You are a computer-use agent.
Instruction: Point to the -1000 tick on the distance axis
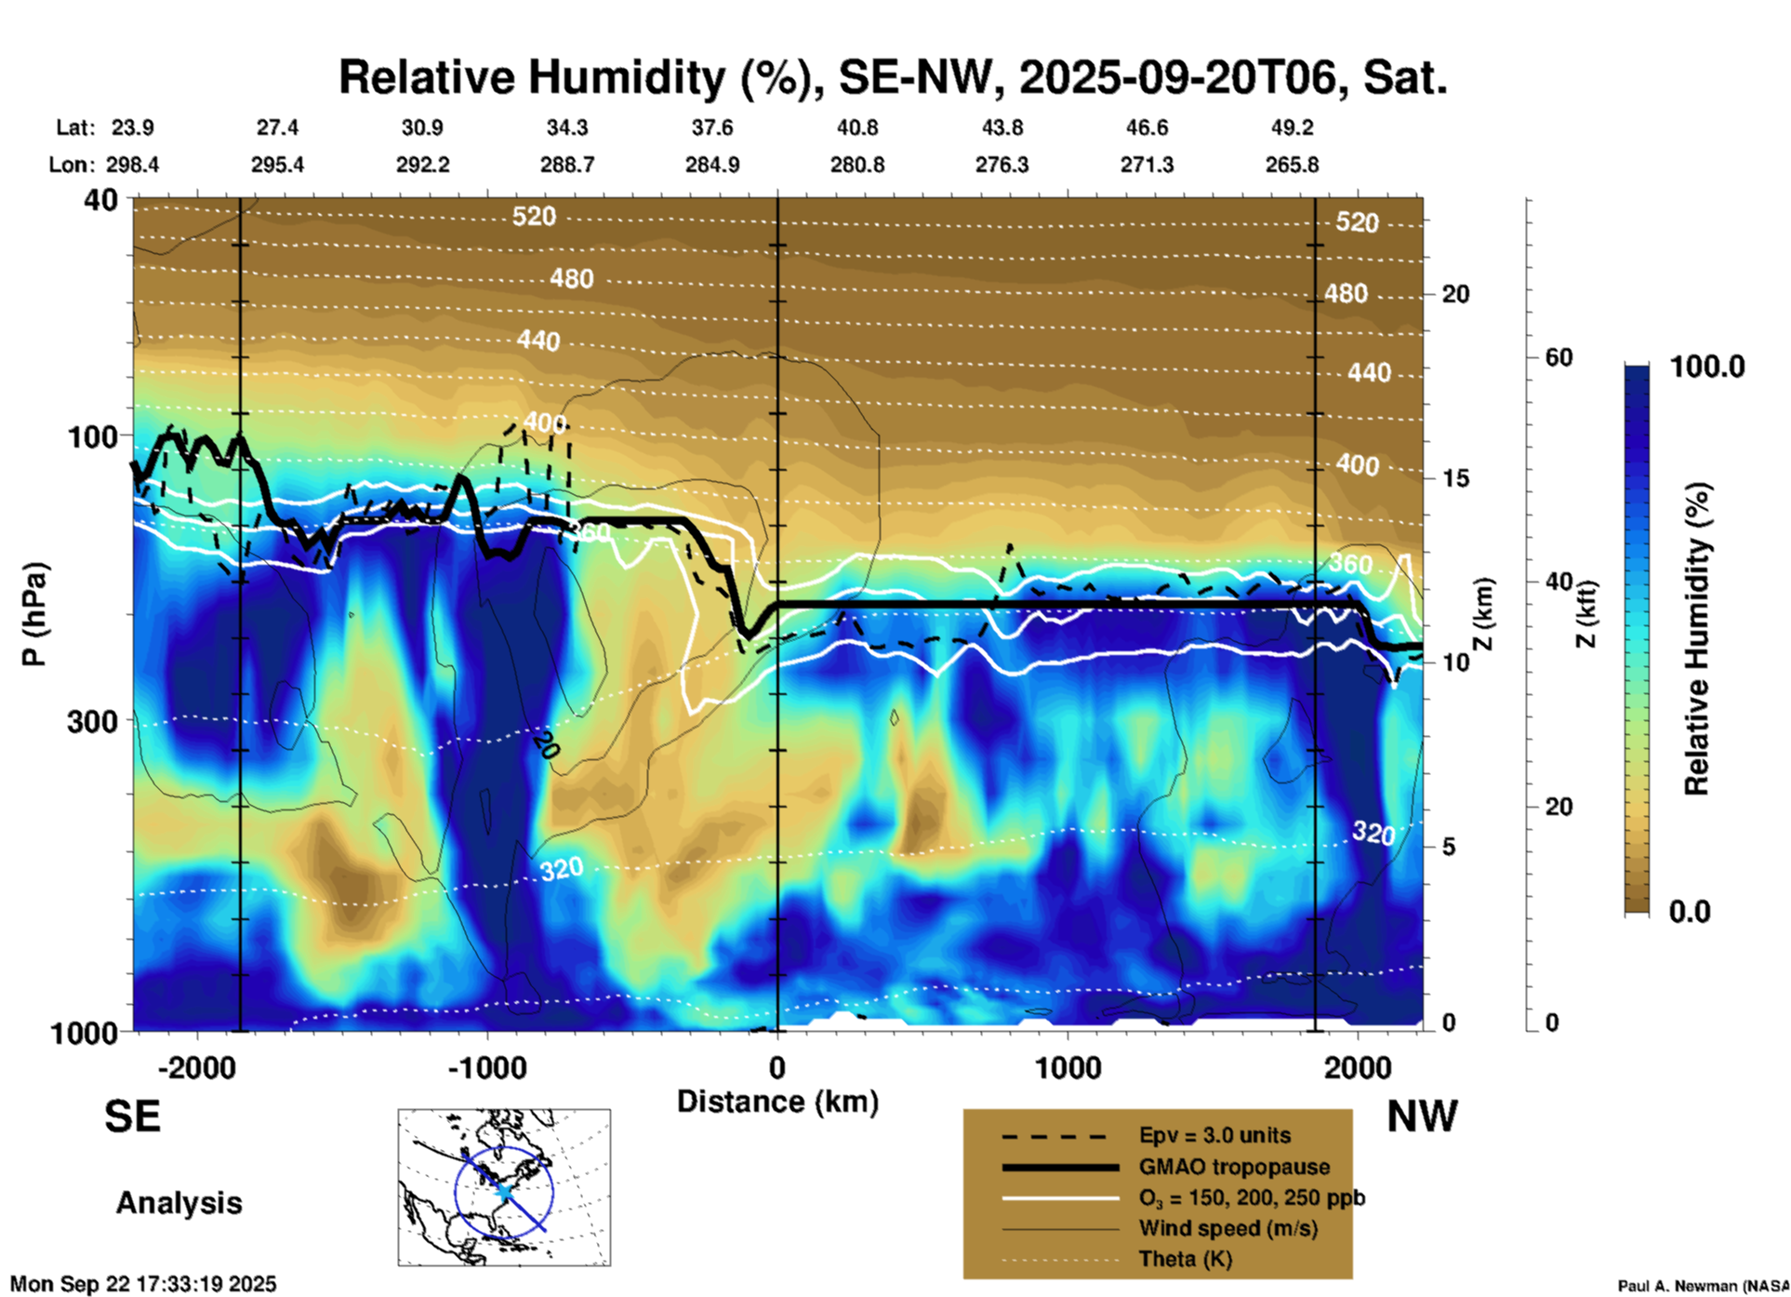(487, 1067)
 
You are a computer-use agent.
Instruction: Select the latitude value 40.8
(856, 127)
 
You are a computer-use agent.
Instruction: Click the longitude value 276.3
(1002, 165)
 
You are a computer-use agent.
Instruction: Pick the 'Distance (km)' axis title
(777, 1102)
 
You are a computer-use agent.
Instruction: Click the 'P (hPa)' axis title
(33, 614)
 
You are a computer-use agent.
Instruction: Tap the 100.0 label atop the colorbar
(1707, 367)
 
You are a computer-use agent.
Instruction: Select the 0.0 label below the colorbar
(1690, 911)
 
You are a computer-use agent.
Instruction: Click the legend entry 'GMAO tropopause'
(1234, 1167)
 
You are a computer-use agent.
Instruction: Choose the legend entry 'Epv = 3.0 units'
(1214, 1135)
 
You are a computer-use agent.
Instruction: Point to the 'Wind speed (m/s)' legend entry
(1227, 1228)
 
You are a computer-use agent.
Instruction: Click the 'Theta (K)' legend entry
(1185, 1259)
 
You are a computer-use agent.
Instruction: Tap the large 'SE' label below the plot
(132, 1116)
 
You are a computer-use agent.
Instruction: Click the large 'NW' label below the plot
(1422, 1116)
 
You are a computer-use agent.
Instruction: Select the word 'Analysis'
(179, 1203)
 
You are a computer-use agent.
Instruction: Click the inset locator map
(504, 1187)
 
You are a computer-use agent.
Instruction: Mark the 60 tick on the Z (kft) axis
(1559, 357)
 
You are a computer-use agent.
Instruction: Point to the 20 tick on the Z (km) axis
(1455, 294)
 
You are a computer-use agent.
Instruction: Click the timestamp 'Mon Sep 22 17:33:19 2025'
(143, 1284)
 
